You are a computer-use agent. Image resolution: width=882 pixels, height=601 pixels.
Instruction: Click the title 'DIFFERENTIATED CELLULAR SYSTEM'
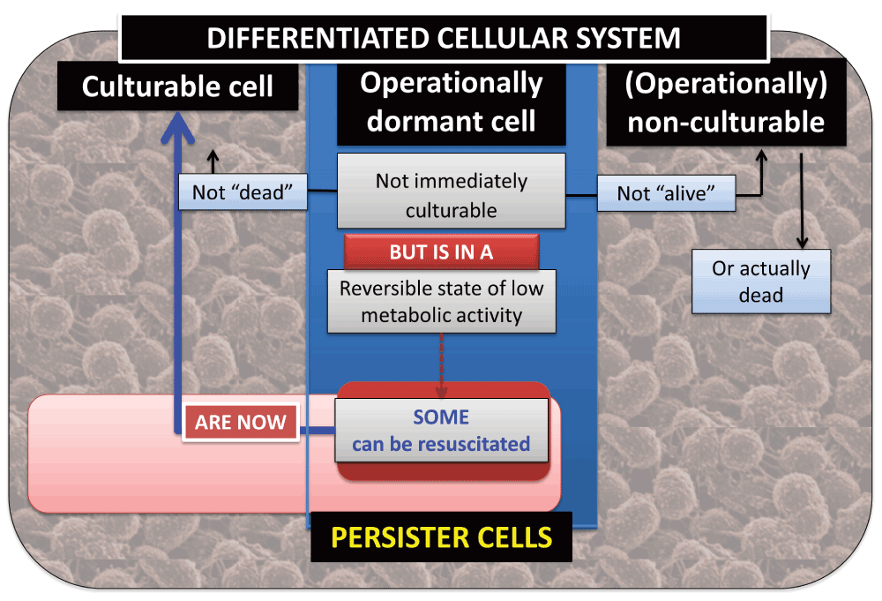pos(444,38)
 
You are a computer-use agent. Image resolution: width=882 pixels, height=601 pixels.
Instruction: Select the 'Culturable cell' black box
pos(178,86)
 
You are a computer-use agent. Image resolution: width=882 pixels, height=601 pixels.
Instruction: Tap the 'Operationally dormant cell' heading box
pos(451,103)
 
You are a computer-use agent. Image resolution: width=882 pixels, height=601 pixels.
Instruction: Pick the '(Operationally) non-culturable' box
pos(726,103)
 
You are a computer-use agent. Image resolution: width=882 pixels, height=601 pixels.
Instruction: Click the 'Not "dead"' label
pos(243,192)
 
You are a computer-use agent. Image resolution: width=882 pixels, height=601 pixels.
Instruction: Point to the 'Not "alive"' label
pos(666,193)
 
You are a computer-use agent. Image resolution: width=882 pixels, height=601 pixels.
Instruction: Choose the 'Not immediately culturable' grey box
pos(451,191)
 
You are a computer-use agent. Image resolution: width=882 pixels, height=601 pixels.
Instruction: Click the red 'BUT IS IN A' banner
pos(442,252)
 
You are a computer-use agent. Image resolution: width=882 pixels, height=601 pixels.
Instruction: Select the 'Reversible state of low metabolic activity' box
pos(442,302)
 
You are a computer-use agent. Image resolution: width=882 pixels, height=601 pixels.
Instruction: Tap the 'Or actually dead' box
pos(761,282)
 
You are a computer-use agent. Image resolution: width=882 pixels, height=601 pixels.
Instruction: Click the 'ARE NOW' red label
pos(241,422)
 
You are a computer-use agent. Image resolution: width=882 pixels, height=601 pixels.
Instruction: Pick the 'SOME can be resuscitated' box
pos(442,431)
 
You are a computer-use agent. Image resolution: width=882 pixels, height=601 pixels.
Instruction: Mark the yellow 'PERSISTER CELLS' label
pos(442,537)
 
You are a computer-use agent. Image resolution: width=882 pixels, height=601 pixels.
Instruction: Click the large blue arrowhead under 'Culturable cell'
pos(178,126)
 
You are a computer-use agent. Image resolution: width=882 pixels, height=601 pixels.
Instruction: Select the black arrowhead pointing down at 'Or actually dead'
pos(802,243)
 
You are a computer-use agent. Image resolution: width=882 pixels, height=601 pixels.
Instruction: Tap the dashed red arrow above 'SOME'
pos(442,365)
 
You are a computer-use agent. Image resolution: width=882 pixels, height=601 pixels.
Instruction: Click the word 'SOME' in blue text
pos(441,417)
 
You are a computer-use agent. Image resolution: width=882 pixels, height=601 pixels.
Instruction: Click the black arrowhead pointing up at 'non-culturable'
pos(762,155)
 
